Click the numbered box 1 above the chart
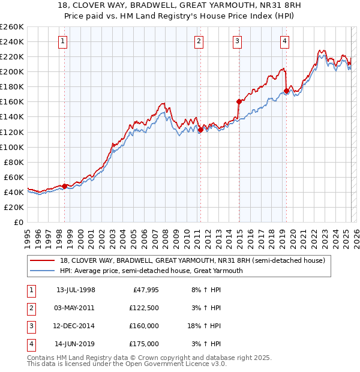[x=63, y=41]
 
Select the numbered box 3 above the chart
[x=238, y=41]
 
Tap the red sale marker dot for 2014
[x=239, y=101]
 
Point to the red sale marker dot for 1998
[x=65, y=186]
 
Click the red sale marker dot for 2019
[x=286, y=91]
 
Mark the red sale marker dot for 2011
[x=200, y=130]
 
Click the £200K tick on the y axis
[x=12, y=71]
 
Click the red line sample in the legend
[x=43, y=261]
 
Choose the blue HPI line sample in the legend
[x=43, y=271]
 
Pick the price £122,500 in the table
[x=145, y=308]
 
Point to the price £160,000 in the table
[x=145, y=326]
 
